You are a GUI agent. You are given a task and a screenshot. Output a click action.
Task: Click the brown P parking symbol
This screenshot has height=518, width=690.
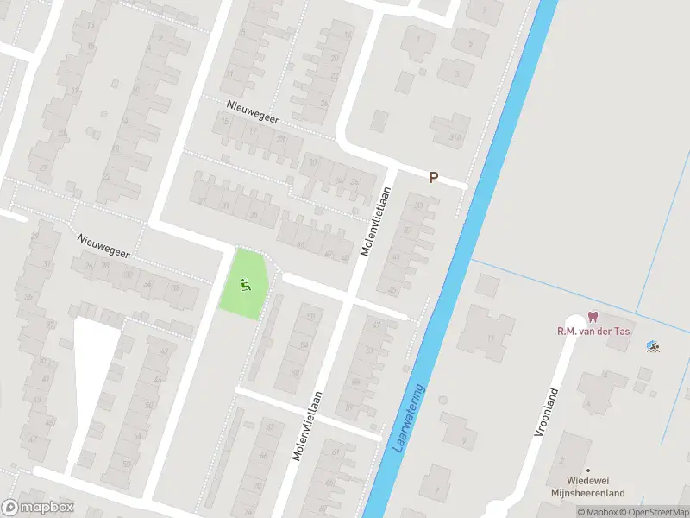pos(434,177)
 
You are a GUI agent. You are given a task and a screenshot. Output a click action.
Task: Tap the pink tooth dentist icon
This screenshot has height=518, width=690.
pos(592,317)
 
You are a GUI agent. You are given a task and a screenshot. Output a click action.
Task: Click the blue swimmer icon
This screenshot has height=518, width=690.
pos(653,347)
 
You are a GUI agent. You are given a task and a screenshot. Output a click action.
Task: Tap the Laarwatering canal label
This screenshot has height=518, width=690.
pos(411,420)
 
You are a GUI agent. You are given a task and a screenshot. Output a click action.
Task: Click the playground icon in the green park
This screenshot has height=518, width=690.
pos(246,281)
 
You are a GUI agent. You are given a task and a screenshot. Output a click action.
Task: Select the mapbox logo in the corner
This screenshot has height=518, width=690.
pos(37,508)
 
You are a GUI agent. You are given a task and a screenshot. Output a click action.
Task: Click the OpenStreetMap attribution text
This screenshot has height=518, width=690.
pos(652,512)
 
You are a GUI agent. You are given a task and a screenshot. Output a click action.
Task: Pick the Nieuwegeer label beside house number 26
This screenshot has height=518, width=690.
pos(103,246)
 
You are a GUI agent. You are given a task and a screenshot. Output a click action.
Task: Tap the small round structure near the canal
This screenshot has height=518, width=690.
pos(442,400)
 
